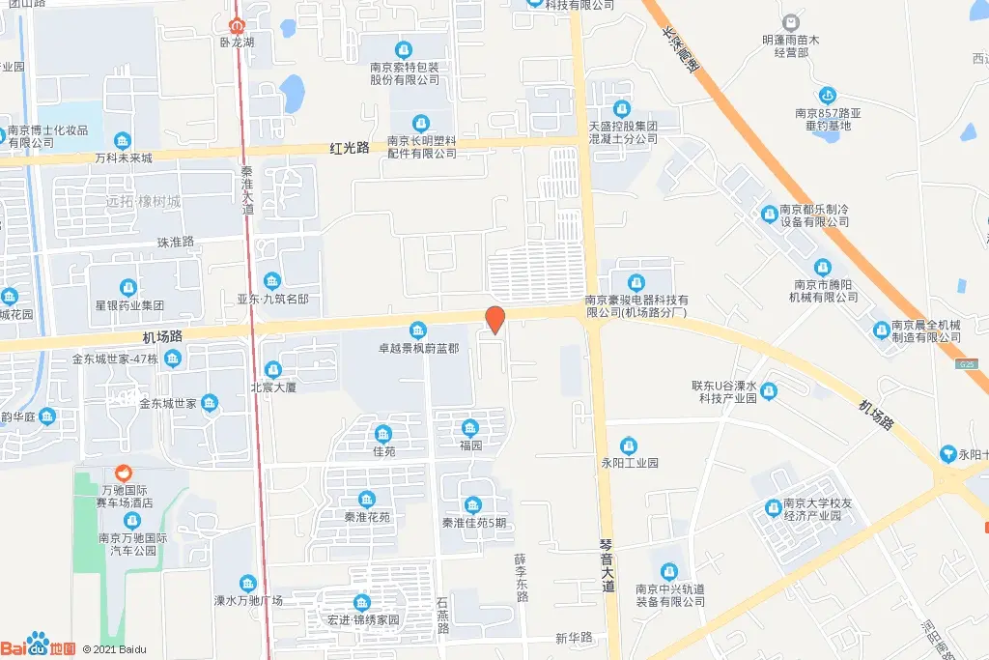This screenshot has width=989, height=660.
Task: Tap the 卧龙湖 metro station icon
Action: pyautogui.click(x=237, y=24)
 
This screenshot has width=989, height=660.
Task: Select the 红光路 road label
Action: pyautogui.click(x=350, y=148)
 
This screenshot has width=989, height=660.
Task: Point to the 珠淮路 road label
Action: pyautogui.click(x=175, y=242)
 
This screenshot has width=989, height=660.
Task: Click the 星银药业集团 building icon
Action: pyautogui.click(x=127, y=287)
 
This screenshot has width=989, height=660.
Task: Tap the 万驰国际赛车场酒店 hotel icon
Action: pyautogui.click(x=123, y=473)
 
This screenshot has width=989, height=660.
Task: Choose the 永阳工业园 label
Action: pyautogui.click(x=629, y=463)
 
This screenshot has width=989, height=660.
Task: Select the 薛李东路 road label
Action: pyautogui.click(x=522, y=578)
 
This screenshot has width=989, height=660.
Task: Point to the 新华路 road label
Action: pyautogui.click(x=573, y=638)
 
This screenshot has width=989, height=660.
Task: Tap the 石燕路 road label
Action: pyautogui.click(x=442, y=615)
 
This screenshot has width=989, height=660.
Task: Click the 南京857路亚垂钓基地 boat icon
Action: pyautogui.click(x=827, y=96)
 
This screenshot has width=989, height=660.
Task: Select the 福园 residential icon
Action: pyautogui.click(x=470, y=429)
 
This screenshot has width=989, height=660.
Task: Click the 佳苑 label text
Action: pyautogui.click(x=383, y=450)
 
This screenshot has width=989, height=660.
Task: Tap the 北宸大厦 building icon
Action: pyautogui.click(x=272, y=368)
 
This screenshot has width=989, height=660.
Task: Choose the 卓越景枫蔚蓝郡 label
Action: pyautogui.click(x=418, y=346)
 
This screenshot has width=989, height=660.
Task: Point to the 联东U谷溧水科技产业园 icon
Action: pyautogui.click(x=769, y=391)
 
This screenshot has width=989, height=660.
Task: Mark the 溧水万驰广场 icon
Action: pyautogui.click(x=248, y=583)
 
